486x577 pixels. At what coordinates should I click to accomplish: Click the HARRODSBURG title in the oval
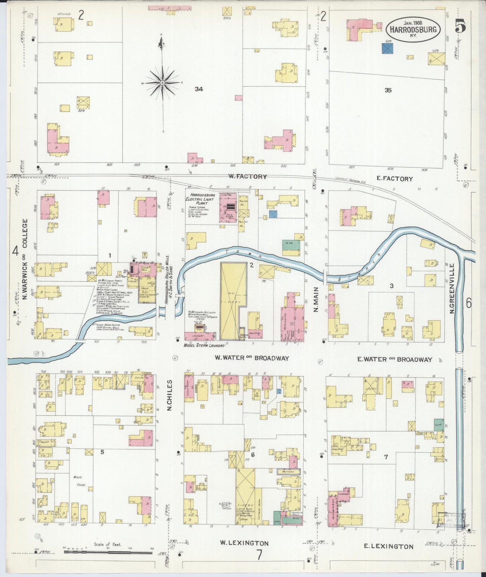click(x=413, y=29)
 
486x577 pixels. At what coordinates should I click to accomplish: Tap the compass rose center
click(x=163, y=82)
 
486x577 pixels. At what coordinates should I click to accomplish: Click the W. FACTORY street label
click(x=248, y=176)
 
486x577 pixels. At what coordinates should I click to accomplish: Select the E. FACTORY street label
click(x=395, y=179)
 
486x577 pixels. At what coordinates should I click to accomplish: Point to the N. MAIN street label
click(x=316, y=299)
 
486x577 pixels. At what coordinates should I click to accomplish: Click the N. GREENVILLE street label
click(x=452, y=288)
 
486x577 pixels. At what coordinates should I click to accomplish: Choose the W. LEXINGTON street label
click(x=244, y=543)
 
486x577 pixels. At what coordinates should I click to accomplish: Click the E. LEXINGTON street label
click(x=389, y=546)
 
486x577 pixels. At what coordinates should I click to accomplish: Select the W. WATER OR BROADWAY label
click(x=252, y=358)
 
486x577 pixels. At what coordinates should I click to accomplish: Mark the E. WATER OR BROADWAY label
click(x=395, y=360)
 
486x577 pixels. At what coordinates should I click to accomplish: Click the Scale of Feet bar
click(x=108, y=552)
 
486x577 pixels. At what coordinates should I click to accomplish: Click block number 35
click(x=388, y=90)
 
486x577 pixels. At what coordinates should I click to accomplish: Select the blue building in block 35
click(x=387, y=49)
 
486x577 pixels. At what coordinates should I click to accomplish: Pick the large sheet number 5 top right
click(x=460, y=26)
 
